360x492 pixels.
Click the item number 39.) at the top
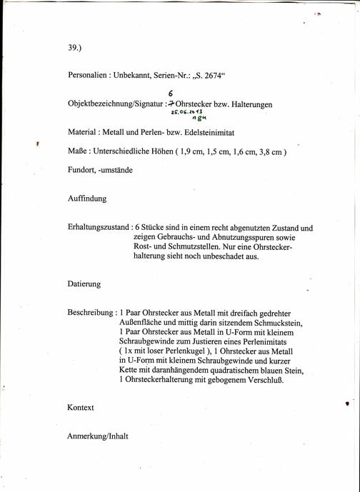coord(76,48)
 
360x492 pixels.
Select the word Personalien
coord(89,74)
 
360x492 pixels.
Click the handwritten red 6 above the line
coord(171,94)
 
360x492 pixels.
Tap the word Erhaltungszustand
coord(99,228)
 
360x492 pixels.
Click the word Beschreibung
coord(91,313)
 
